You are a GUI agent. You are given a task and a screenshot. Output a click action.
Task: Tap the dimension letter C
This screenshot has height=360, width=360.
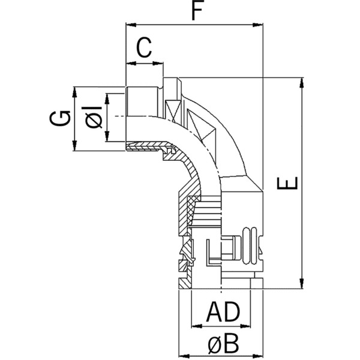143,47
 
